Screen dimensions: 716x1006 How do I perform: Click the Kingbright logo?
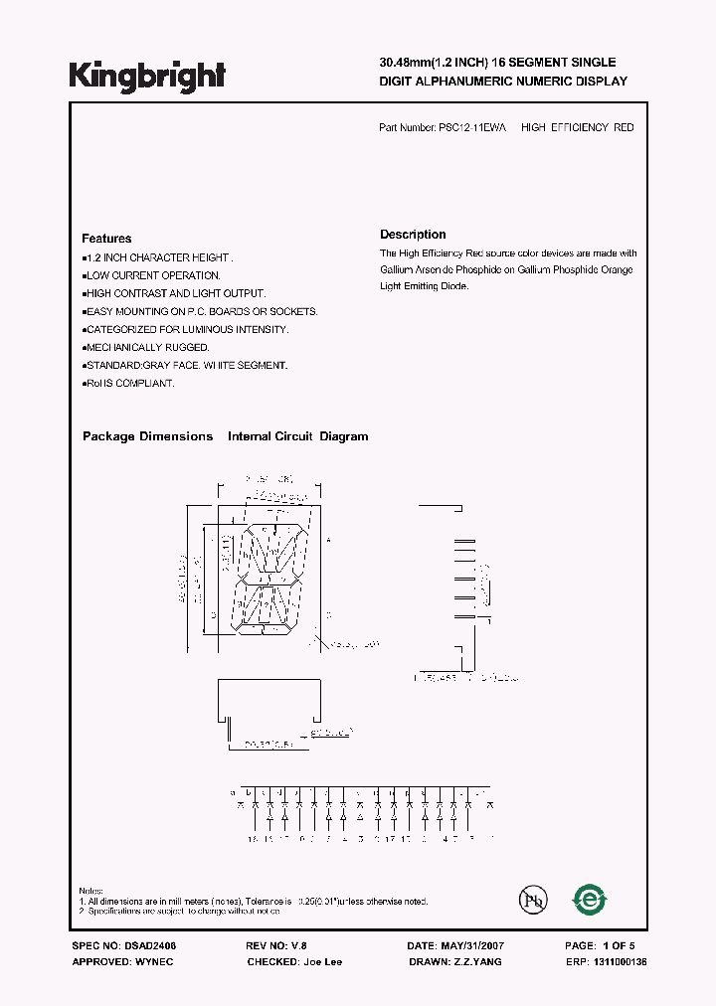click(147, 76)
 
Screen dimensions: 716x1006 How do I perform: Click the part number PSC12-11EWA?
click(472, 128)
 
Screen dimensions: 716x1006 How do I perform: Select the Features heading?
click(106, 239)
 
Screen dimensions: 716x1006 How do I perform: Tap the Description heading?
click(413, 235)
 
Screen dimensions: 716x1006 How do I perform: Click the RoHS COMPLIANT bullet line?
click(129, 384)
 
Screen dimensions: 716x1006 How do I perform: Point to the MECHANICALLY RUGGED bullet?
click(147, 348)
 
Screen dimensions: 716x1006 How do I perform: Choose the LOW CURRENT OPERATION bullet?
click(153, 275)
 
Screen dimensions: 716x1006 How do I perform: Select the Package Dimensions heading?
click(147, 436)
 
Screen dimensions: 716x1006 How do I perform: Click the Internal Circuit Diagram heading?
click(298, 436)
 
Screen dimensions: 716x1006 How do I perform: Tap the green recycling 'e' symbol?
click(589, 900)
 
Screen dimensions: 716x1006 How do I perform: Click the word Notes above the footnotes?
click(91, 891)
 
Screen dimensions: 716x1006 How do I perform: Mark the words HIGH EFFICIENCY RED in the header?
click(577, 128)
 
